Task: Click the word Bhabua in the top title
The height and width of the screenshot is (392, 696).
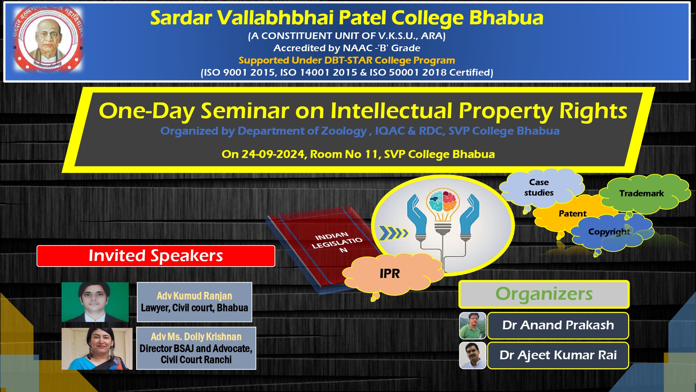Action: click(x=506, y=18)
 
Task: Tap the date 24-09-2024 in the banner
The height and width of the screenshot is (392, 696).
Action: click(x=273, y=154)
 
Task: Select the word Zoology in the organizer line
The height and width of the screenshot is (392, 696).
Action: click(x=344, y=131)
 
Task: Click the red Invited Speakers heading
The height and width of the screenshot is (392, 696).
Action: click(x=156, y=256)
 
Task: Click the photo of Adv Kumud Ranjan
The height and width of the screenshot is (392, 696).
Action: click(x=95, y=302)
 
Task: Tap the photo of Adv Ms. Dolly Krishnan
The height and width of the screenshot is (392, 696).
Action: click(x=97, y=348)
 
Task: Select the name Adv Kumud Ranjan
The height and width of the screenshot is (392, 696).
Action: click(x=194, y=296)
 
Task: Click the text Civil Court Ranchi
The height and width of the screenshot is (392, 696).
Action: click(x=196, y=360)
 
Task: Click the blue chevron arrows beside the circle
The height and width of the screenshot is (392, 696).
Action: click(x=393, y=233)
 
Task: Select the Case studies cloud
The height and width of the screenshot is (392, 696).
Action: click(x=539, y=187)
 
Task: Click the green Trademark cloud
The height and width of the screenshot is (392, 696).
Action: click(x=641, y=193)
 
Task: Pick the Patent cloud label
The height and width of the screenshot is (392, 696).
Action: click(x=572, y=214)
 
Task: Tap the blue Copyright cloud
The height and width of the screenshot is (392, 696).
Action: click(x=609, y=232)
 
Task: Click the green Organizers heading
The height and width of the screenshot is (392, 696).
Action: click(x=544, y=294)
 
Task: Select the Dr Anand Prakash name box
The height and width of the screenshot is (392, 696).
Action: click(x=558, y=325)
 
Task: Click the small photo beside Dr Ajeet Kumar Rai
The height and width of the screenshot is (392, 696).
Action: click(x=472, y=355)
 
